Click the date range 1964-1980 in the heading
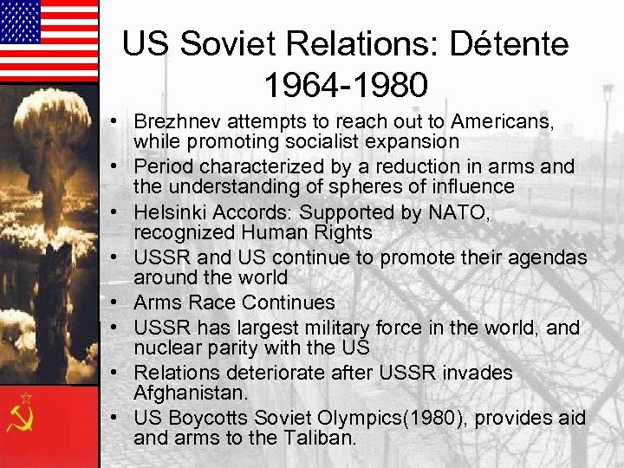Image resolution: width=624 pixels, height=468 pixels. point(346,85)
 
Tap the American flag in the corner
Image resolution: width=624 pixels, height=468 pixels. point(49,40)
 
